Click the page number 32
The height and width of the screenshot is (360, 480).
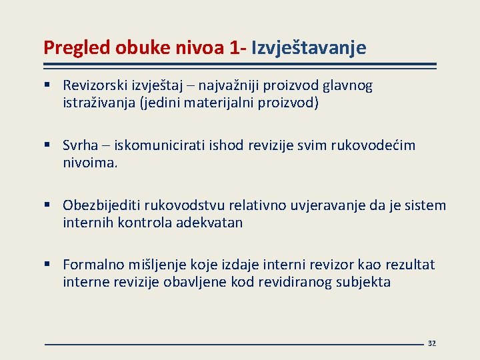431,343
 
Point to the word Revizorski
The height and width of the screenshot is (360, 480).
95,86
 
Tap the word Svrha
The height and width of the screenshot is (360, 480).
81,145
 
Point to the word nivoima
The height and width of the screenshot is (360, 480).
89,163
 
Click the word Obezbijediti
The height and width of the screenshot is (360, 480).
100,205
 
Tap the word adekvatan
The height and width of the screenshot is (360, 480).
209,223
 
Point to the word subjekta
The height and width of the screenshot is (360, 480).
363,282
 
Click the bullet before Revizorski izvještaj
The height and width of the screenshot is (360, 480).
49,86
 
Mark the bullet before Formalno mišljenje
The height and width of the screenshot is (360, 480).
49,265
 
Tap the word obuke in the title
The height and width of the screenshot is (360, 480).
138,48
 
